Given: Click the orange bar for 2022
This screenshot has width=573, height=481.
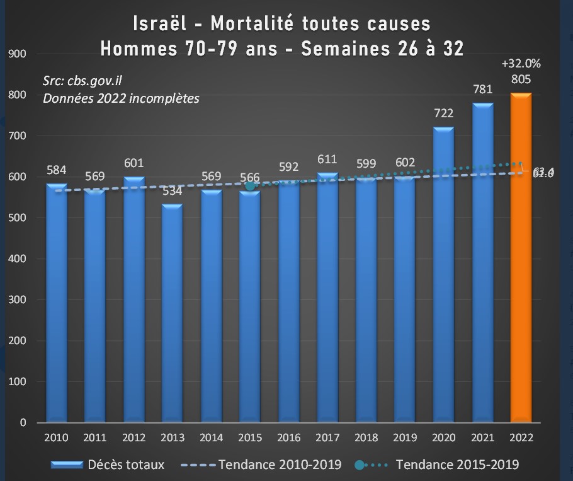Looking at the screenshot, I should coord(521,258).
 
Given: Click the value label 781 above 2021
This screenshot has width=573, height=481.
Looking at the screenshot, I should coord(482,90).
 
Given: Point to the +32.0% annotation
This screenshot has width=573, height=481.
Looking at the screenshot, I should coord(521,64).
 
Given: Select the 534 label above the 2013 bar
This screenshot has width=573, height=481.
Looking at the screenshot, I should coord(173,192).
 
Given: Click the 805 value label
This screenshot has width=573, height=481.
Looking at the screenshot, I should coord(521,79).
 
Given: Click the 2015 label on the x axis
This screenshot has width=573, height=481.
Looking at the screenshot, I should coord(250,438).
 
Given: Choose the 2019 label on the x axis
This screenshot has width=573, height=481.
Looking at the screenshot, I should coord(405,438).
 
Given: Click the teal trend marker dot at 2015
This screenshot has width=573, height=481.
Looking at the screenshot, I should coord(250,185).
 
